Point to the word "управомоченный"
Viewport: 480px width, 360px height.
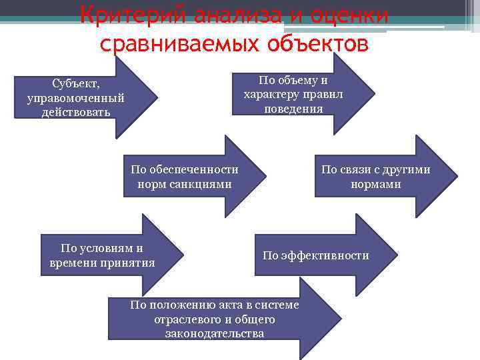pos(75,97)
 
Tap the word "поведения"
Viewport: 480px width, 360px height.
pos(293,109)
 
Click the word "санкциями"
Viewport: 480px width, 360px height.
pos(203,183)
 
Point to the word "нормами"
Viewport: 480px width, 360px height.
pos(376,183)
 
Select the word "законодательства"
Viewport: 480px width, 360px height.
pos(215,333)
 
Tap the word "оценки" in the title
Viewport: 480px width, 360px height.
pos(349,15)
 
